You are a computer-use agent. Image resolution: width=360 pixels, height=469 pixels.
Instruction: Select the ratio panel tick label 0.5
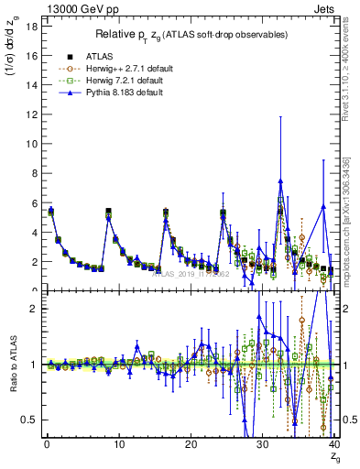tap(29, 420)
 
